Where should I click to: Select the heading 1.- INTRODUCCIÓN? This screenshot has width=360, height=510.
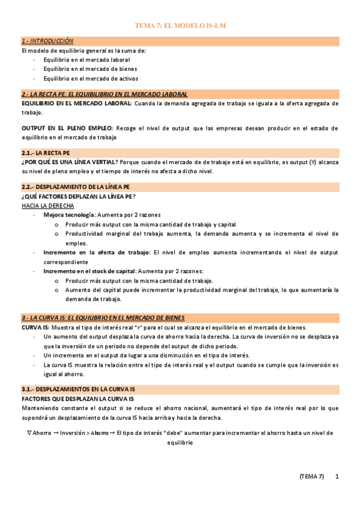[x=47, y=41]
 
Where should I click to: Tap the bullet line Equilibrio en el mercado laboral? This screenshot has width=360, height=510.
[x=87, y=60]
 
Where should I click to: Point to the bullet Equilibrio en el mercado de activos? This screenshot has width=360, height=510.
[x=90, y=78]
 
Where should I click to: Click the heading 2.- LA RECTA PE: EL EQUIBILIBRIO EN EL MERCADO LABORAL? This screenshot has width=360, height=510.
[x=104, y=94]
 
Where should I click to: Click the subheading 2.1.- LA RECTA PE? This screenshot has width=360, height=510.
[x=46, y=153]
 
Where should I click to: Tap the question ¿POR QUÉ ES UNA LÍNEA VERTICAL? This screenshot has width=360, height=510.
[x=70, y=162]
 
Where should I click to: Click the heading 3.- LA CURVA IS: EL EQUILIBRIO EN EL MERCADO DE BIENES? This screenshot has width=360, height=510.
[x=103, y=318]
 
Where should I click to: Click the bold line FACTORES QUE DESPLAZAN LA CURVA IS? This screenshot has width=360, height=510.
[x=77, y=399]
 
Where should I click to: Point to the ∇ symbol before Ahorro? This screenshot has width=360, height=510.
[x=29, y=432]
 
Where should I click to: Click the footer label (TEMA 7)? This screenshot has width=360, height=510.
[x=311, y=476]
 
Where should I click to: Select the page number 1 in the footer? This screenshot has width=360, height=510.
[x=337, y=476]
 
